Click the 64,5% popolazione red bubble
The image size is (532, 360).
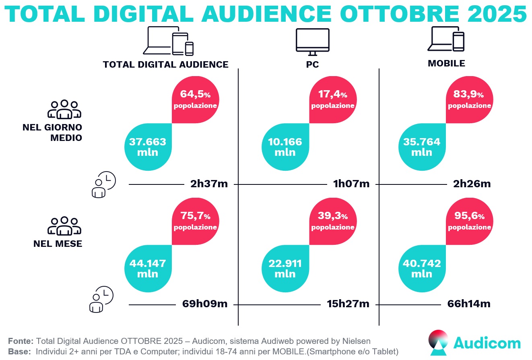[x=196, y=99]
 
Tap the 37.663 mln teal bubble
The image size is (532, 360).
[x=148, y=147]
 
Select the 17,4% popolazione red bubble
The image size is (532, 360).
[x=333, y=99]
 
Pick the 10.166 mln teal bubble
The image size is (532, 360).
[x=285, y=147]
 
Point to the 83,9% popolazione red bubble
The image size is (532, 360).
[x=470, y=99]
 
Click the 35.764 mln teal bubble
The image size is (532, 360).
[x=422, y=147]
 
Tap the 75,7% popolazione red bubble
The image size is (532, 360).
[x=196, y=221]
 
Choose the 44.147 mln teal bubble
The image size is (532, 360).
[x=148, y=269]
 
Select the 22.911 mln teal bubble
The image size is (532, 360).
[x=285, y=269]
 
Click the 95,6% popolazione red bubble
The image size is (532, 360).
[x=470, y=221]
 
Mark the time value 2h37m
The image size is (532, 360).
[x=209, y=184]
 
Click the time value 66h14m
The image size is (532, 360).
[x=469, y=304]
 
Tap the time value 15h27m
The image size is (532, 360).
[x=348, y=304]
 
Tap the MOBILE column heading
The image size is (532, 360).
[x=446, y=63]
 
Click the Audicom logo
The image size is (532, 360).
[x=475, y=343]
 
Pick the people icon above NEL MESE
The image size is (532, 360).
[x=64, y=226]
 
